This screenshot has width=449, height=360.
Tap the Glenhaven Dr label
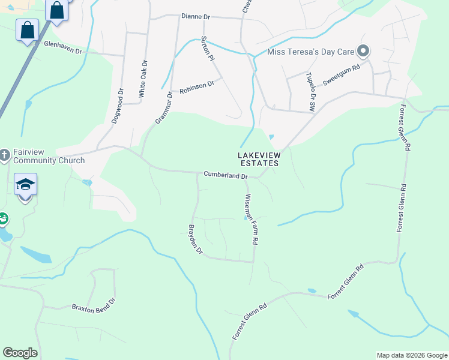[x=62, y=47]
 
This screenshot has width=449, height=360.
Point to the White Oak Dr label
[x=143, y=80]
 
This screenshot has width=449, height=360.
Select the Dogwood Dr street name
[x=118, y=107]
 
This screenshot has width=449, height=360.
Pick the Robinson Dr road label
[x=196, y=86]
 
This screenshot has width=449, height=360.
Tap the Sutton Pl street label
[x=207, y=49]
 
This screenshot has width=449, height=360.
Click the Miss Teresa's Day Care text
[x=312, y=52]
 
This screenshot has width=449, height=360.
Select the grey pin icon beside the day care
[x=363, y=51]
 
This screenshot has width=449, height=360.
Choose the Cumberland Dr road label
[x=226, y=176]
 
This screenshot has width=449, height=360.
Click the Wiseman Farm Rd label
[x=252, y=218]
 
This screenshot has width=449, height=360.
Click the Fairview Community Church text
[x=47, y=156]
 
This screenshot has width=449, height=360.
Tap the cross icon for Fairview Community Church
[x=4, y=156]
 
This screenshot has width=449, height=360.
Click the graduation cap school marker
[x=25, y=184]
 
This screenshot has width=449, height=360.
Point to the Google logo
[x=20, y=353]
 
